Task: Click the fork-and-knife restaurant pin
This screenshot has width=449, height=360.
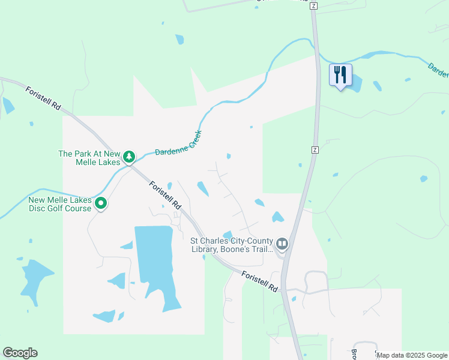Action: [340, 75]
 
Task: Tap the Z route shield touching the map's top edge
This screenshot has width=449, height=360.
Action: [313, 5]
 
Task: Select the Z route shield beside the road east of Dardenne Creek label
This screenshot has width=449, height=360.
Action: [314, 149]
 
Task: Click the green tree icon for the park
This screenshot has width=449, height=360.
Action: [128, 157]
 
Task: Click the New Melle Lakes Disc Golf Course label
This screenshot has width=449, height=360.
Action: [60, 204]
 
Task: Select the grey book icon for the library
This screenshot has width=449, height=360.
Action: [282, 244]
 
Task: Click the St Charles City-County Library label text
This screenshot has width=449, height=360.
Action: [231, 244]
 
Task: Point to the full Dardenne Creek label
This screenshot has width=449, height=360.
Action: [179, 143]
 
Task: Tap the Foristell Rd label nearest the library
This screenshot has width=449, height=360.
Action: [261, 281]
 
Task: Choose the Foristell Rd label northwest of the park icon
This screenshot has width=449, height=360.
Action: [43, 97]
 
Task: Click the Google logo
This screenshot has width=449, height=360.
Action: [20, 353]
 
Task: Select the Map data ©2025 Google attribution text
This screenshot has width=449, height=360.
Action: [412, 355]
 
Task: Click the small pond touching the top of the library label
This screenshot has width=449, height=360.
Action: [228, 235]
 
